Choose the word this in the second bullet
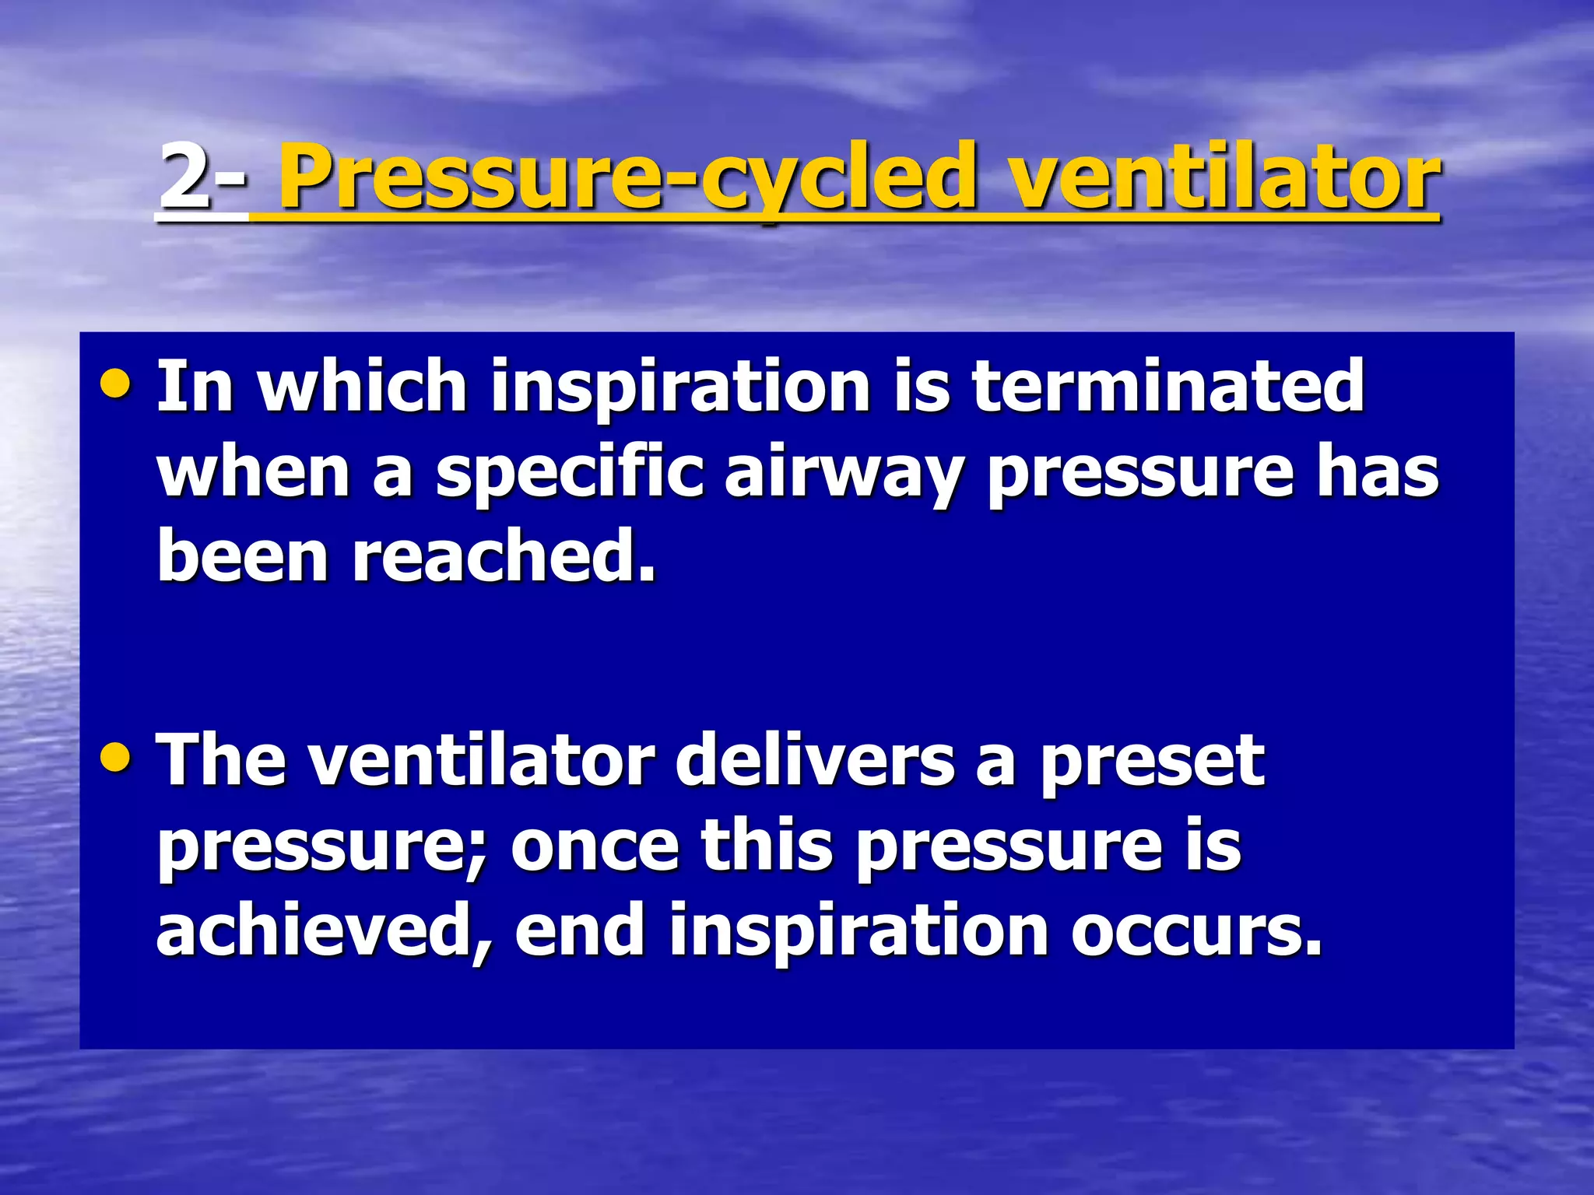point(767,846)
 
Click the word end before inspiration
point(580,932)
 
